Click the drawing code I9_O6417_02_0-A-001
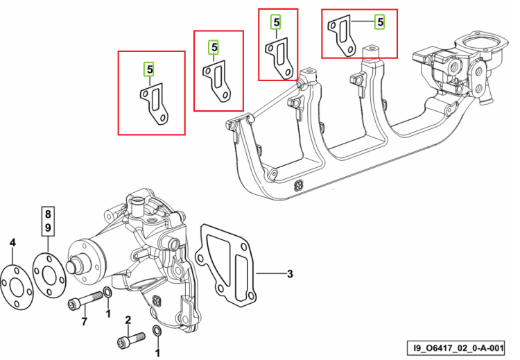(459, 348)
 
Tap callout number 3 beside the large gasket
(290, 274)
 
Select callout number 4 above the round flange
(12, 243)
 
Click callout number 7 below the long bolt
(84, 321)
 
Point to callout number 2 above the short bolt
(128, 320)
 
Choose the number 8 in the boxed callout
(48, 214)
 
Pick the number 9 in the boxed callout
(48, 228)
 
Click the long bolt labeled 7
(85, 300)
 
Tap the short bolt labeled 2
(131, 338)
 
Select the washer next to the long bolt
(107, 293)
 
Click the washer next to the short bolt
(157, 332)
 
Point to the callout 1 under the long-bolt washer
(108, 314)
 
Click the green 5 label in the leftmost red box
(150, 69)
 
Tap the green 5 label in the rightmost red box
(380, 22)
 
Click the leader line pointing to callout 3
(270, 274)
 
